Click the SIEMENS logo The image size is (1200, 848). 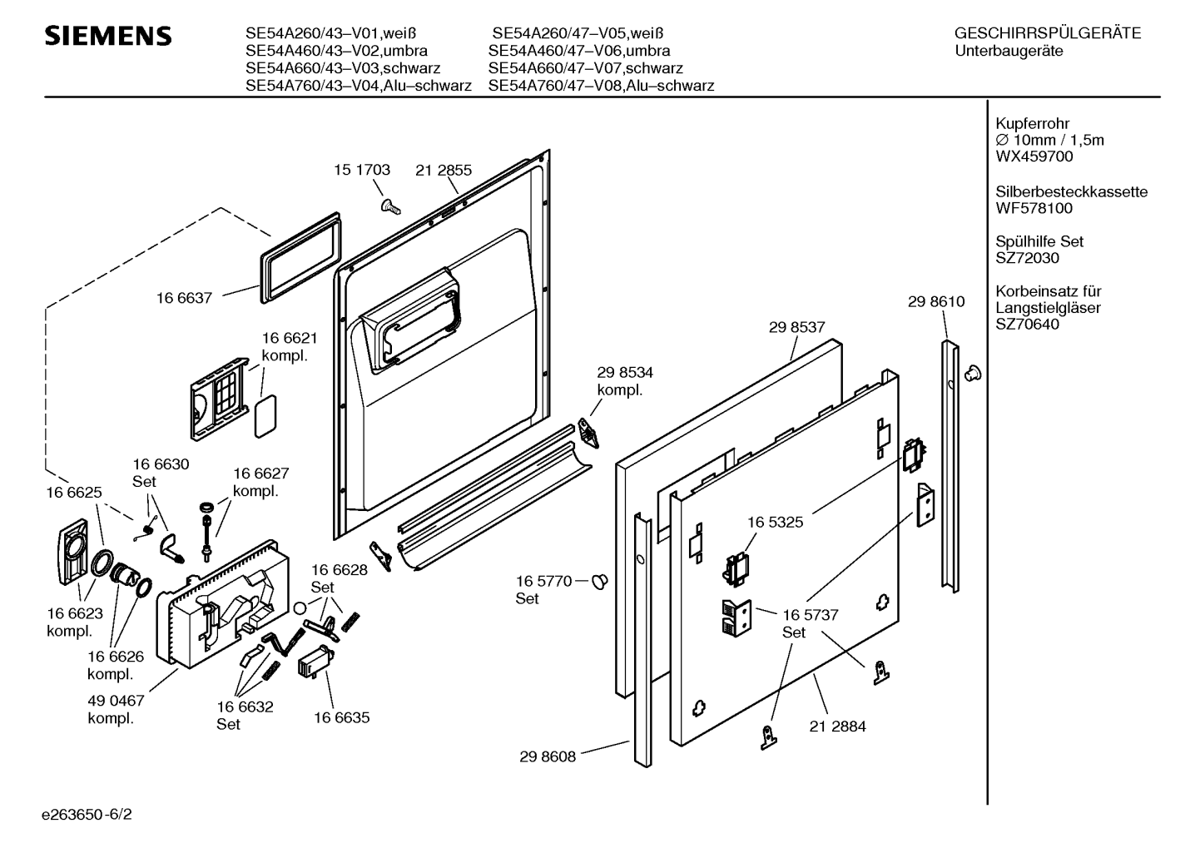[x=107, y=36]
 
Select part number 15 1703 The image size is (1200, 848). [x=362, y=170]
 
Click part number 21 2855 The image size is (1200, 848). [x=444, y=170]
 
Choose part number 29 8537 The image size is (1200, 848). [x=796, y=328]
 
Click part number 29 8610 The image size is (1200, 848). [x=936, y=302]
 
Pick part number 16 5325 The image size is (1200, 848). [x=775, y=522]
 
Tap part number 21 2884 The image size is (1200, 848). [x=837, y=727]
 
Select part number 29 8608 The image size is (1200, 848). [x=548, y=756]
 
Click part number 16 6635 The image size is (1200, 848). [x=341, y=717]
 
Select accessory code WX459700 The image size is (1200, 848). [x=1034, y=156]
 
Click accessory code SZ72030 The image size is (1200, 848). [x=1028, y=258]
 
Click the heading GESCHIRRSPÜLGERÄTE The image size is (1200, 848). [x=1048, y=33]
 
